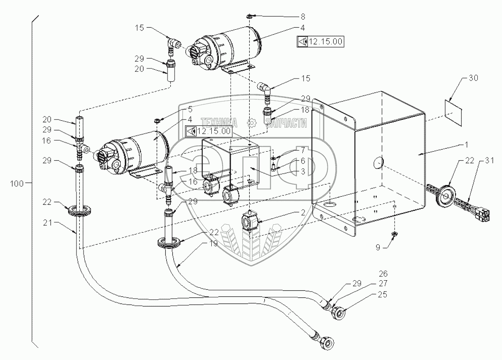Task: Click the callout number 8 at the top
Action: (x=303, y=17)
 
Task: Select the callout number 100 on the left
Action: (x=17, y=184)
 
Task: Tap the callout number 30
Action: (x=473, y=78)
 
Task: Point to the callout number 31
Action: (x=489, y=160)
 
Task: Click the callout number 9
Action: (x=378, y=247)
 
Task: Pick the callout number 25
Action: (x=382, y=294)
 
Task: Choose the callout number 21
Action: (x=47, y=223)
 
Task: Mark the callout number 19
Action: (x=213, y=243)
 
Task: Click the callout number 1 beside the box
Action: (x=467, y=145)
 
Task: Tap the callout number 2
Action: (x=303, y=213)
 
